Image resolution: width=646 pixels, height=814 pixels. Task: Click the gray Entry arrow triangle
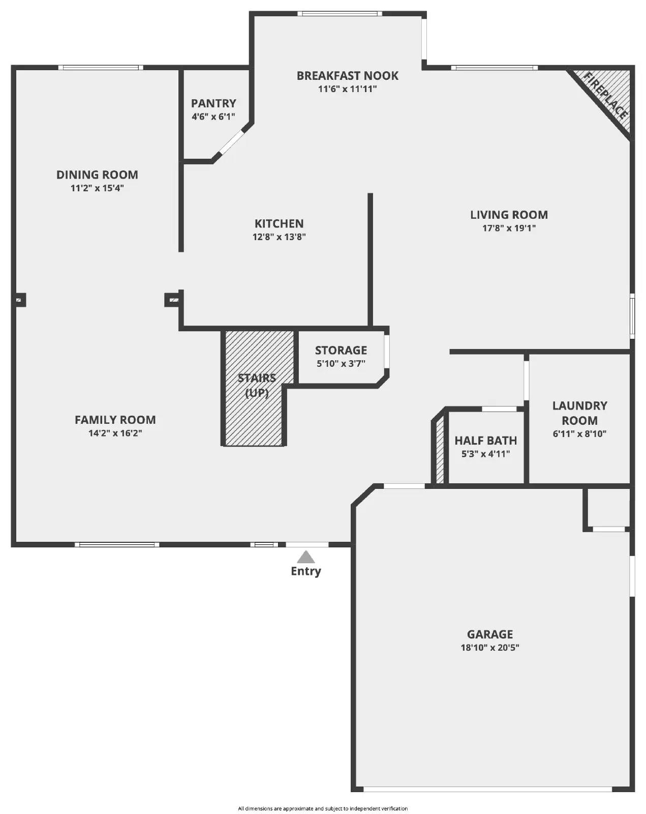point(305,557)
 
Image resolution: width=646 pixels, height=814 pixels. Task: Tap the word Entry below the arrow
point(305,571)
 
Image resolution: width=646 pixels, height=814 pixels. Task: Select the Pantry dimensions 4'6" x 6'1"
point(213,117)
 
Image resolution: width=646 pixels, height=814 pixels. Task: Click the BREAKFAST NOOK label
point(347,76)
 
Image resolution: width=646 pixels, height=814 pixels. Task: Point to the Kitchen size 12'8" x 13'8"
point(279,237)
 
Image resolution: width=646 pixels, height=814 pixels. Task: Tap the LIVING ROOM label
point(509,215)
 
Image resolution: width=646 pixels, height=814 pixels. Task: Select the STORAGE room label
point(341,350)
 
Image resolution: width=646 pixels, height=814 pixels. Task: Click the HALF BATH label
point(485,441)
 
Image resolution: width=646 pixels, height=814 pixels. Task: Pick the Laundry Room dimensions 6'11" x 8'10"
point(579,434)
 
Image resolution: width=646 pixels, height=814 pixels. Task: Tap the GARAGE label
point(490,634)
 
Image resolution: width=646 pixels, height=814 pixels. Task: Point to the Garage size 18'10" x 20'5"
point(490,648)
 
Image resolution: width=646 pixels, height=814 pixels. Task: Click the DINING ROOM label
point(97,175)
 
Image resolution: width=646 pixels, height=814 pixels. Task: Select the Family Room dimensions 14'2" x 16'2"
point(115,433)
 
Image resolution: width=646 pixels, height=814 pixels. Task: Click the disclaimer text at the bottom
point(323,808)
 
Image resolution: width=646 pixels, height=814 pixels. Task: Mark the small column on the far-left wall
point(20,300)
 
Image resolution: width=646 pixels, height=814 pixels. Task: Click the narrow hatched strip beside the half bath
point(440,450)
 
